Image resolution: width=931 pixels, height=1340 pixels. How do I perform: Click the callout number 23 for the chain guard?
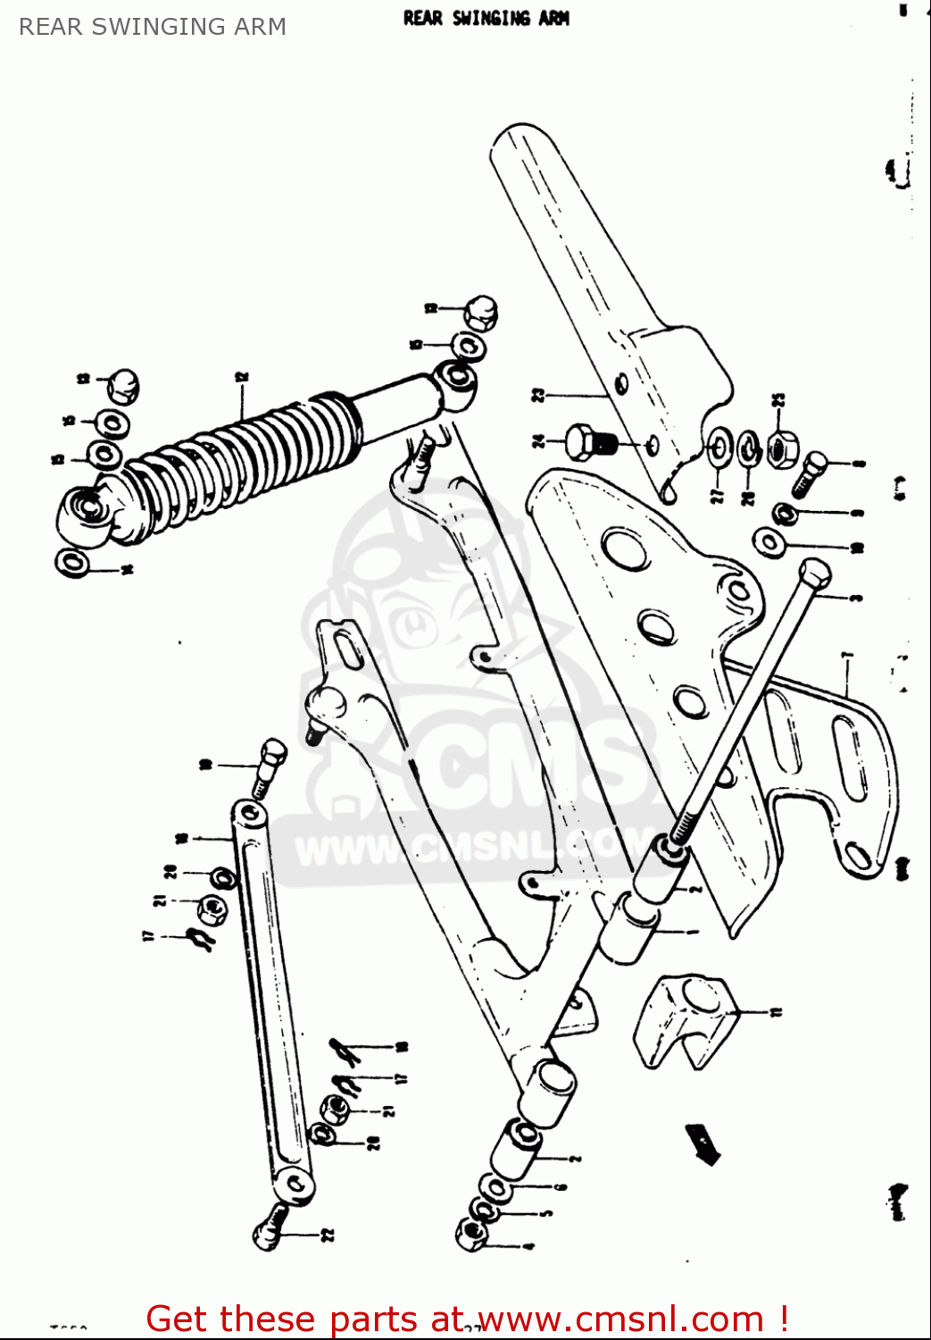tap(538, 394)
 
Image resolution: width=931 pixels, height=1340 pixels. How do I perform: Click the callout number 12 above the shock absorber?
tap(242, 378)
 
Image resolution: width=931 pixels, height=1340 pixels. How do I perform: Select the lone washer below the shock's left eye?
tap(72, 564)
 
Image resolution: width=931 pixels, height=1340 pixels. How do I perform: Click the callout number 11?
tap(777, 1012)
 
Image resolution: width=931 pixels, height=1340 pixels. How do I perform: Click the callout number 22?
tap(328, 1235)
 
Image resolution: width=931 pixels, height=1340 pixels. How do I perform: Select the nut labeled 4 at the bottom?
tap(471, 1235)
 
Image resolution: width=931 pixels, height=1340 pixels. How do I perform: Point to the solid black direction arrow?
tap(703, 1144)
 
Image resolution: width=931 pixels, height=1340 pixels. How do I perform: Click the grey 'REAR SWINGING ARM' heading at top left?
tap(153, 27)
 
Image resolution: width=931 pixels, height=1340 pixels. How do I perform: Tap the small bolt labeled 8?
tap(810, 473)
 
